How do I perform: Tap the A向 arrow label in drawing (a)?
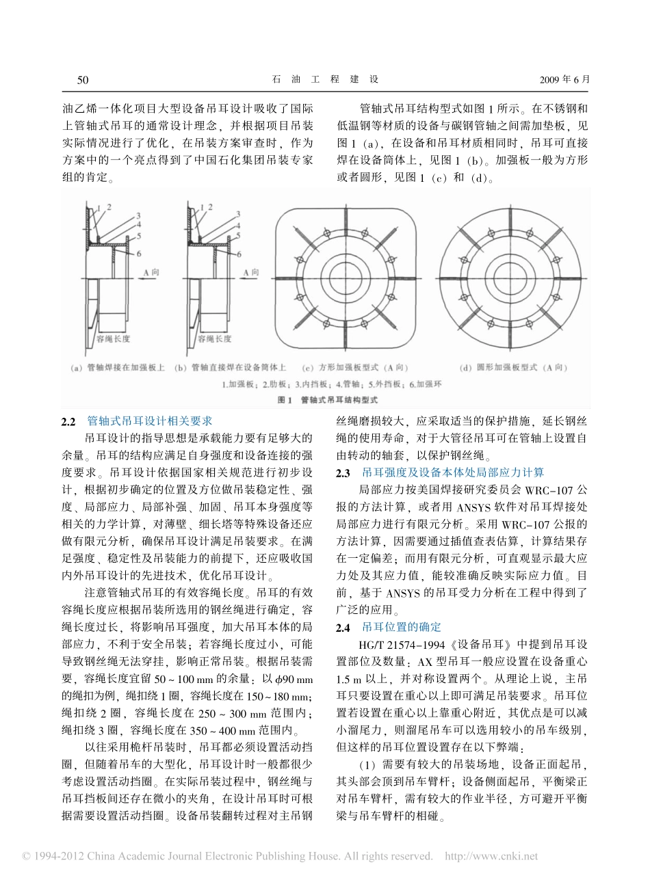[153, 271]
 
